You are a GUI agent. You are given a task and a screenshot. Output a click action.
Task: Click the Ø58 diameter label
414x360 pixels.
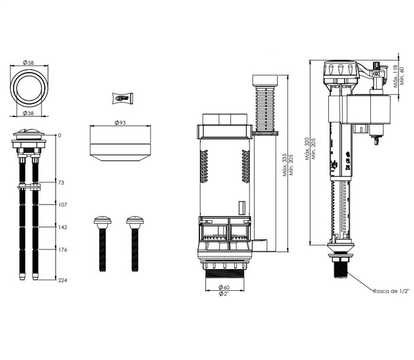tap(28, 63)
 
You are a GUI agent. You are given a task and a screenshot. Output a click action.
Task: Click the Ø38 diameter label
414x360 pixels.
tap(28, 113)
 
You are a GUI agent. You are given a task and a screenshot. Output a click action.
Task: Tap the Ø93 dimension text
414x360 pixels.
tap(120, 122)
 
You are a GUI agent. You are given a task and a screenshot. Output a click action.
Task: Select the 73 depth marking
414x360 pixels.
tap(61, 183)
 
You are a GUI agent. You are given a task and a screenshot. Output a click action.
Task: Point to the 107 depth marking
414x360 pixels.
tap(63, 205)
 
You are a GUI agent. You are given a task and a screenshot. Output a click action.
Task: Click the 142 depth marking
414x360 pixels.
tap(63, 227)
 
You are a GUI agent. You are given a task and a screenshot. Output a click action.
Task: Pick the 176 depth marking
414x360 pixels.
tap(63, 249)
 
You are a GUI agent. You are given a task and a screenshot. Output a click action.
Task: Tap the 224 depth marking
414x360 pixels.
tap(63, 280)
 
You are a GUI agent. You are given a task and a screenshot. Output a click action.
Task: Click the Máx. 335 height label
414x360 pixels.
tap(284, 165)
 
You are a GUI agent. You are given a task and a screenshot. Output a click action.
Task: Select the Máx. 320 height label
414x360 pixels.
tap(307, 149)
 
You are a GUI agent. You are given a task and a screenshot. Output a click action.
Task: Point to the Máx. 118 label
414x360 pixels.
tap(396, 76)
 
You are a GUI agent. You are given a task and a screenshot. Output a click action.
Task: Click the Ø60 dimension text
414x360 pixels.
tap(224, 287)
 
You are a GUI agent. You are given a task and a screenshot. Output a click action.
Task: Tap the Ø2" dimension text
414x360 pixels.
tap(224, 294)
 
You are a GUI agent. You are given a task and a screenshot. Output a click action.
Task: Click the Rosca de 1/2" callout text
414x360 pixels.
tap(391, 291)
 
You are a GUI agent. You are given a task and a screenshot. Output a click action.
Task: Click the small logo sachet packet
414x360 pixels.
tap(122, 98)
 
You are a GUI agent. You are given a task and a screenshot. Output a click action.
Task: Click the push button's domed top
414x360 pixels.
tap(29, 132)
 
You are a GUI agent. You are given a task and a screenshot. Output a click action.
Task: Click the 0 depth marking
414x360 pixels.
tap(59, 135)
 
